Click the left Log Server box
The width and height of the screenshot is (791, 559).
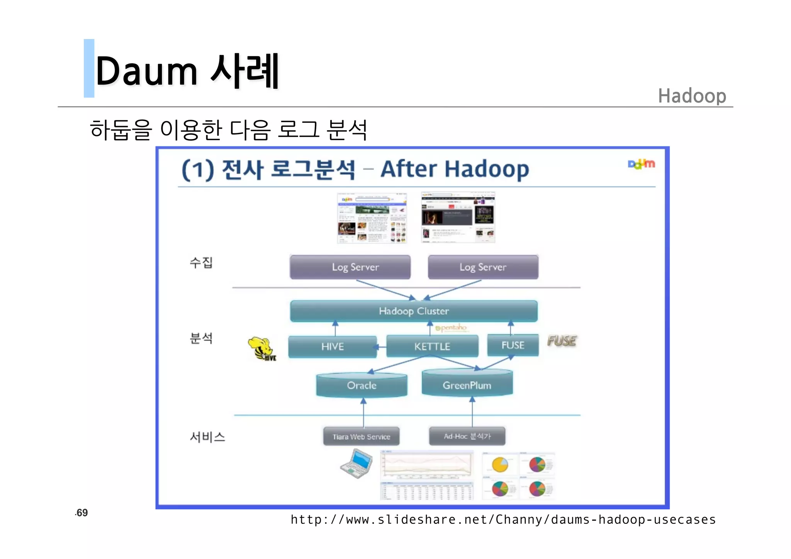point(350,267)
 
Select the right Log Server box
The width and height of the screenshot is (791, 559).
point(483,267)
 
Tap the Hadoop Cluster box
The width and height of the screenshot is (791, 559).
point(414,311)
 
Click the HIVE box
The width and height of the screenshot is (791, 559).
point(332,347)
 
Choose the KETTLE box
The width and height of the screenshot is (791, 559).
point(432,346)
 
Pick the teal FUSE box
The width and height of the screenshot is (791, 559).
point(513,345)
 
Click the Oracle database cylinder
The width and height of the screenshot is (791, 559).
point(362,385)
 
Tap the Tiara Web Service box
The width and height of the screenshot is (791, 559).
point(361,437)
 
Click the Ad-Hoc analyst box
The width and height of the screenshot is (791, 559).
point(467,436)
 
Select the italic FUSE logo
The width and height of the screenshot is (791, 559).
point(562,341)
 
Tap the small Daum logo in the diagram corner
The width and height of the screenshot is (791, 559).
point(641,164)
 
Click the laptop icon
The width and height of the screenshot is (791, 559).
point(356,464)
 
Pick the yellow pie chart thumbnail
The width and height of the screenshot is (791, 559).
point(500,464)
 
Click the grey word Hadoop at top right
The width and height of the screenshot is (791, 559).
point(692,96)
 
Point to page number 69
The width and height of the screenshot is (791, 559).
point(81,513)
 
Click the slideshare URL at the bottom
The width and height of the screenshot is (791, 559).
point(503,520)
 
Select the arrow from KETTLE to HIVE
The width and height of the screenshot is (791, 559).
point(381,347)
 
